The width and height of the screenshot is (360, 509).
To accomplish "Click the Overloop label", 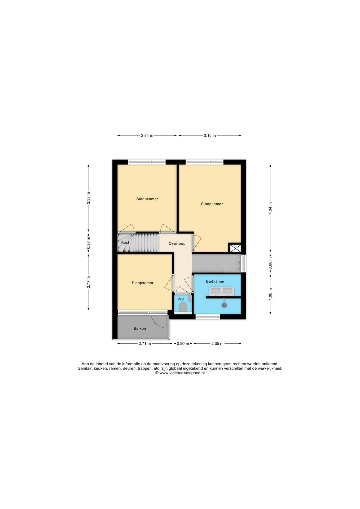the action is [177, 243].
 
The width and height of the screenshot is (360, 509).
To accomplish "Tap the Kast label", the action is [125, 242].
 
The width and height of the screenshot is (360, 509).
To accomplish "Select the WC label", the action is [181, 299].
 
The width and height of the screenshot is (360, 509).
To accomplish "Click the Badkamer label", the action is [215, 281].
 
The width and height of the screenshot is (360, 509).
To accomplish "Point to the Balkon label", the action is [140, 328].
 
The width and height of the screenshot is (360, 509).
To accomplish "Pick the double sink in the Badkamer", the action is [221, 291].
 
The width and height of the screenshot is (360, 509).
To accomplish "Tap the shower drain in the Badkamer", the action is [225, 305].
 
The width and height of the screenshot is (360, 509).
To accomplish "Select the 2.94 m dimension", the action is [147, 135].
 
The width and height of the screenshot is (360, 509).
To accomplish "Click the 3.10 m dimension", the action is [210, 135].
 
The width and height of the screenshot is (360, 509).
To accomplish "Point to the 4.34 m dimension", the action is [270, 208].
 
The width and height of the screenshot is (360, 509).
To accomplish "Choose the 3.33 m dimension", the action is [89, 198].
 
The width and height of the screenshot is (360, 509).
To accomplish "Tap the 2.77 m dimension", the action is [89, 282].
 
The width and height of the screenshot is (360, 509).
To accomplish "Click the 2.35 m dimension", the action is [217, 344].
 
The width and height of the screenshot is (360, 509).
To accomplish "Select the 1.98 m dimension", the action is [270, 294].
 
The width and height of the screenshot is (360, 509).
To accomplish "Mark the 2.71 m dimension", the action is [145, 344].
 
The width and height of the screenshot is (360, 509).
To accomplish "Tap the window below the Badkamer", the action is [208, 316].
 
